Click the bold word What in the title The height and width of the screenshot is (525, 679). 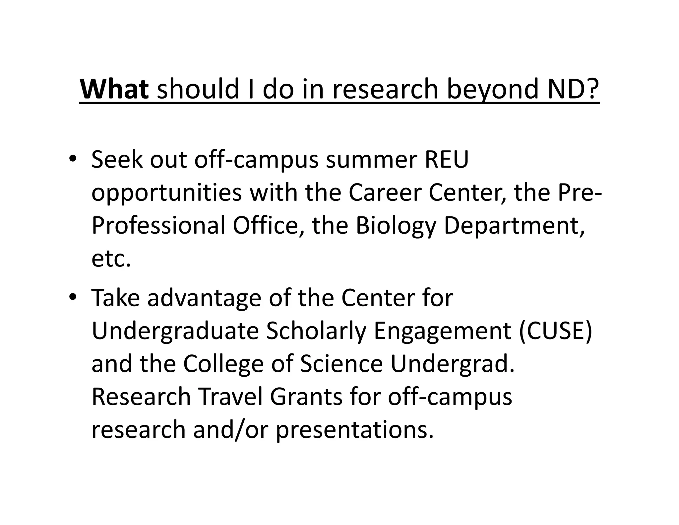[x=114, y=89]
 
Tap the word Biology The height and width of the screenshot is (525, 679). [x=396, y=226]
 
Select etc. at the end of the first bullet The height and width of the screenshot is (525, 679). [x=111, y=259]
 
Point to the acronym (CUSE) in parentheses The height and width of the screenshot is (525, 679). [x=555, y=331]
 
